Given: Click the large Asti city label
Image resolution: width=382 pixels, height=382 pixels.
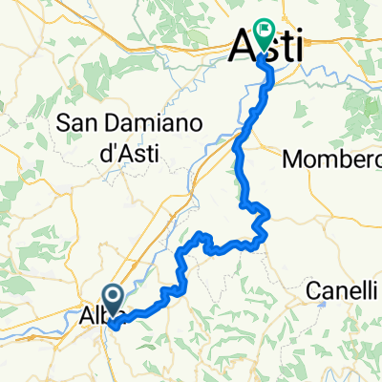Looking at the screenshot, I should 268,46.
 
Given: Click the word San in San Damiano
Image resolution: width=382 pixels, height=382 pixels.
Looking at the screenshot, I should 77,122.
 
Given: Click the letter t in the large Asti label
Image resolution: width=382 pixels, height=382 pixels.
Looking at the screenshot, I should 284,46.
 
